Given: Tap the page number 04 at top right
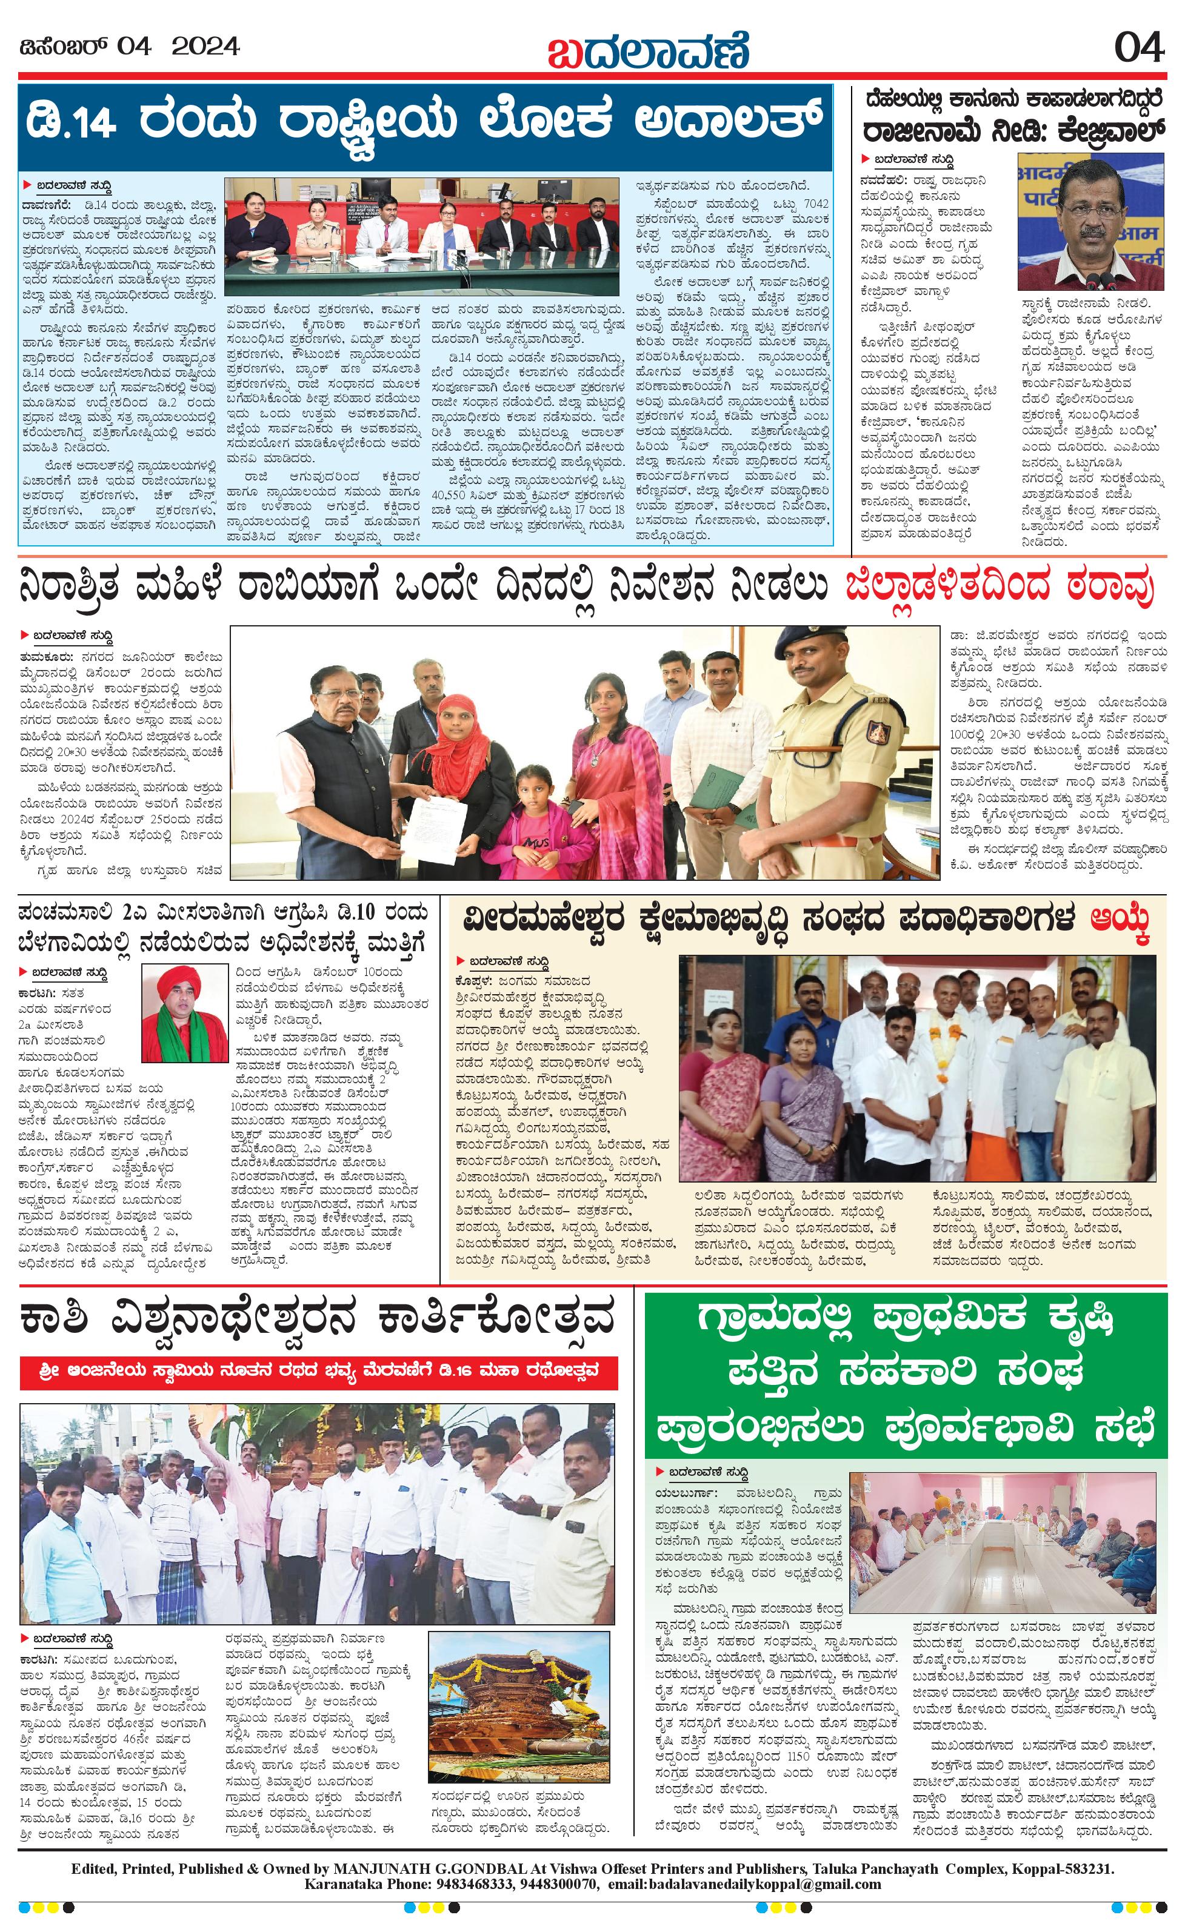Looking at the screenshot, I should (1139, 48).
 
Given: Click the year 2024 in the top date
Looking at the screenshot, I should (205, 47).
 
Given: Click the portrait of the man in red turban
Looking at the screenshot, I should (184, 1013).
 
